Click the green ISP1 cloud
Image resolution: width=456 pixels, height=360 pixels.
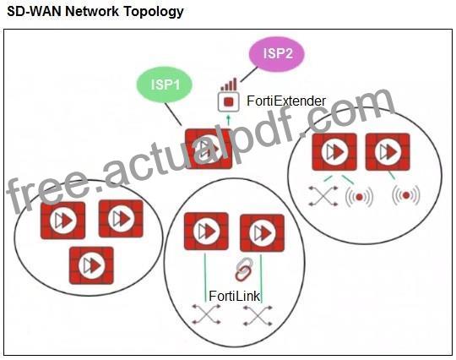(x=165, y=85)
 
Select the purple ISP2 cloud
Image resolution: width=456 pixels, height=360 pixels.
(x=277, y=54)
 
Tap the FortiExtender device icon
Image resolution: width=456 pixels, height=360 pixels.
(x=229, y=102)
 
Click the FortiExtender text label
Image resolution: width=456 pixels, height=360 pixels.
(x=286, y=101)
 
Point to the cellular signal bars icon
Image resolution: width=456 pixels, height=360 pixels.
(x=229, y=85)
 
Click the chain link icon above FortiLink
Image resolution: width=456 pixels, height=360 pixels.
(x=244, y=270)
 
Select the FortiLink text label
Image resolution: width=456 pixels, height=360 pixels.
(x=234, y=297)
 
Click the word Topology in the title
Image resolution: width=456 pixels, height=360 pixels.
(x=154, y=12)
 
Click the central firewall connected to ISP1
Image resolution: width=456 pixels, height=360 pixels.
(x=209, y=149)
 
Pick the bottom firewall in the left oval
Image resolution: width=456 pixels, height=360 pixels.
(x=91, y=265)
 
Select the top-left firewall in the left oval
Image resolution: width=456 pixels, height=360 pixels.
(x=62, y=221)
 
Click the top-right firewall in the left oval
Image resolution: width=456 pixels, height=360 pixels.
(x=121, y=218)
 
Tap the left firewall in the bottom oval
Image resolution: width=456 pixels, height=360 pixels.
(x=206, y=232)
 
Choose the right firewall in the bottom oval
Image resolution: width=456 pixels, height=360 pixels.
(x=262, y=233)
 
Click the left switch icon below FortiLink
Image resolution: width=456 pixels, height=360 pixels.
(x=206, y=314)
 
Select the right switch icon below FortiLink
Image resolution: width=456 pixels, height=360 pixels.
(x=258, y=315)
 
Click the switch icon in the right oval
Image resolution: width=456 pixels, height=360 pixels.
(x=323, y=196)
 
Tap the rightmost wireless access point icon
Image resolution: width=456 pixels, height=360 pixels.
(x=406, y=195)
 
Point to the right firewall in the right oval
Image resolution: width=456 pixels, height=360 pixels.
(x=388, y=151)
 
